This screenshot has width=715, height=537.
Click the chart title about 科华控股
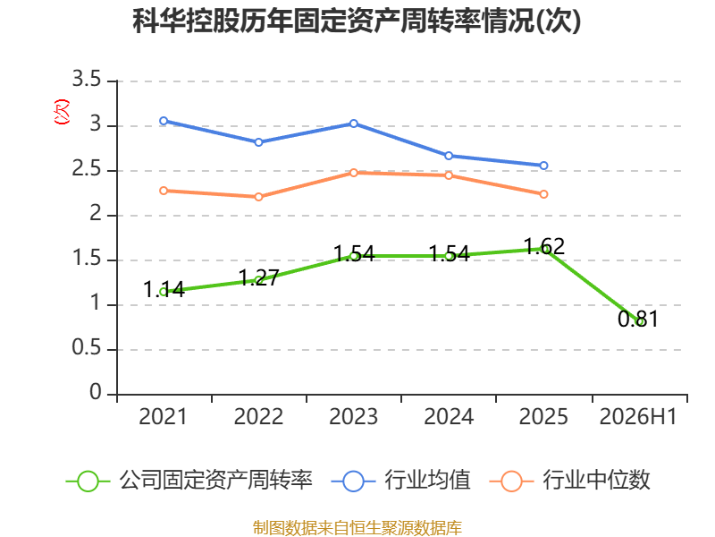coord(357,21)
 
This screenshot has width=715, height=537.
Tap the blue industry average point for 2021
coord(164,121)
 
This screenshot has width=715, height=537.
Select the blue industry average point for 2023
coord(354,124)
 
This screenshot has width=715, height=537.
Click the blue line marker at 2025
coord(543,166)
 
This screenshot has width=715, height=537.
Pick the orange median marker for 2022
coord(258,197)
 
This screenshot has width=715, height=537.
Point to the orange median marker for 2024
coord(449,175)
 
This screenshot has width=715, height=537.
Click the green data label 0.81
coord(638,319)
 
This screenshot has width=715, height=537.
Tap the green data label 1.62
coord(544,247)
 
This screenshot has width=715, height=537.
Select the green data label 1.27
coord(258,277)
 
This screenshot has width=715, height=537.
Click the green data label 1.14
coord(164,289)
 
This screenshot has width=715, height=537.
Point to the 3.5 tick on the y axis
coord(87,80)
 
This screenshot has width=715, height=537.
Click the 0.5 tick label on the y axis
coord(87,348)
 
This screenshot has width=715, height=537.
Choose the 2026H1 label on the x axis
coord(638,417)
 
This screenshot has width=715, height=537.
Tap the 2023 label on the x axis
coord(354,417)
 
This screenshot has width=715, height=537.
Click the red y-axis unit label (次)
coord(62,112)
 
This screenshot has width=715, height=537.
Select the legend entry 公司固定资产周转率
coord(189,481)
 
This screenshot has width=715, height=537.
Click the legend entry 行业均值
coord(400,481)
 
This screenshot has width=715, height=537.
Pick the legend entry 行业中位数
coord(569,481)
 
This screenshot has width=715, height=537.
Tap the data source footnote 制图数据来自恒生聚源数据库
coord(357,528)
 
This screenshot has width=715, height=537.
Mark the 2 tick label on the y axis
coord(96,214)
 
